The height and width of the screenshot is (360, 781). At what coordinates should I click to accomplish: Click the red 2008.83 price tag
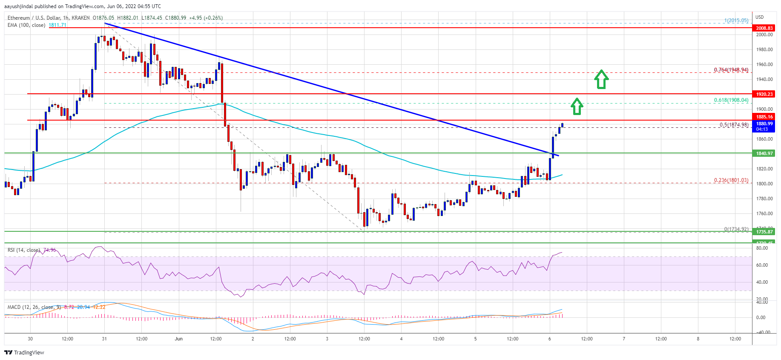764,28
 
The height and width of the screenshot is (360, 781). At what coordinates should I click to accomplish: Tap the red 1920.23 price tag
764,94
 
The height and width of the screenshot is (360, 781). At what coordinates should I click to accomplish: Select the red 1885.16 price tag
764,117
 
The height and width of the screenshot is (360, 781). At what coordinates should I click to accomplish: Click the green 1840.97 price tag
764,153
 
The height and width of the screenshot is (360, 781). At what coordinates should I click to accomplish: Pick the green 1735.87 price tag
764,232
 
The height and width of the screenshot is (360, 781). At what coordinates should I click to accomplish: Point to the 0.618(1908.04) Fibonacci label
731,100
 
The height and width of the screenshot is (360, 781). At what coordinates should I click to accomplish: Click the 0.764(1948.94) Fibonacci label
731,70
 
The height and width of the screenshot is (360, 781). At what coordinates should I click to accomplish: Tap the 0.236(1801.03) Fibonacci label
731,180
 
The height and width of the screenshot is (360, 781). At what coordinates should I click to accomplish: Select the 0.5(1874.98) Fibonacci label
734,125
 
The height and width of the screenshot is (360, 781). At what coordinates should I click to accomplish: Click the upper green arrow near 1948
601,79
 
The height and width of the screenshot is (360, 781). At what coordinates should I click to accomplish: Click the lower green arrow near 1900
577,106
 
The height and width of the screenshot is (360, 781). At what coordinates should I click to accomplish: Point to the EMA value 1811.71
57,25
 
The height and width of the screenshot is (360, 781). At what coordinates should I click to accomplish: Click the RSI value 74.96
49,250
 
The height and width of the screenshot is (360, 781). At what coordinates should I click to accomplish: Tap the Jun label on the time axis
178,339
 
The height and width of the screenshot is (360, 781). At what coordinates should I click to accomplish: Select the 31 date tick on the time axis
104,339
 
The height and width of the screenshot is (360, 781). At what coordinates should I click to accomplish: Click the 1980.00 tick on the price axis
764,49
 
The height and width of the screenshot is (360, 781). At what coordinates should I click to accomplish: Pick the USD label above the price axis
760,17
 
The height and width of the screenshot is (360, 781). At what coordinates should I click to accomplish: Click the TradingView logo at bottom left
24,352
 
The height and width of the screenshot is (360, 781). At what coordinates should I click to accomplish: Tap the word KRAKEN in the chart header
81,18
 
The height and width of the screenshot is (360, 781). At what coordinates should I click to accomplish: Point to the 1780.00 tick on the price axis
764,199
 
